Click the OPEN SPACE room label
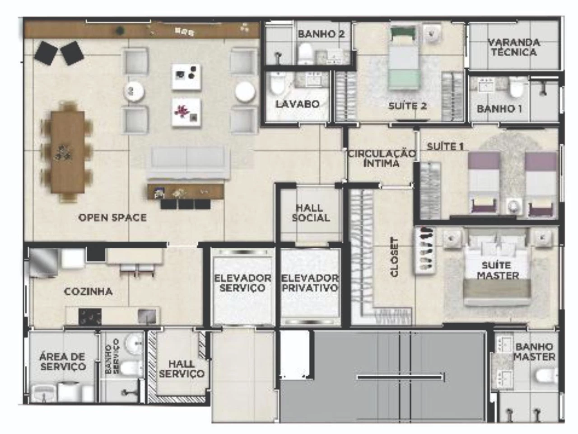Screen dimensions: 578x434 click(112, 217)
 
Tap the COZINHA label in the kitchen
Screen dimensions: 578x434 click(88, 292)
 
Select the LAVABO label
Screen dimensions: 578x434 click(298, 104)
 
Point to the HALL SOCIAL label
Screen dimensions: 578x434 click(311, 213)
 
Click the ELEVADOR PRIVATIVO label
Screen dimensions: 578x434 click(310, 283)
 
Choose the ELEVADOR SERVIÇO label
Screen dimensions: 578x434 click(242, 283)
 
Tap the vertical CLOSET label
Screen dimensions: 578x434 click(394, 257)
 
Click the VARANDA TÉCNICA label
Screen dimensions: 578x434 click(513, 47)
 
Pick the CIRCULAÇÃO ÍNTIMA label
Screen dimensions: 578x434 click(382, 158)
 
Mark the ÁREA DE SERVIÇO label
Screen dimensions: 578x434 click(63, 362)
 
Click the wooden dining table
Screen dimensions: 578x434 click(68, 152)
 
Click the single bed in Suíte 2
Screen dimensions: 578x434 click(404, 58)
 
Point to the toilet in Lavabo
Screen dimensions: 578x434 click(277, 84)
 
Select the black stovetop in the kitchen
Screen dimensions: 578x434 click(90, 316)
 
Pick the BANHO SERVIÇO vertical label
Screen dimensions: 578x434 click(112, 356)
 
